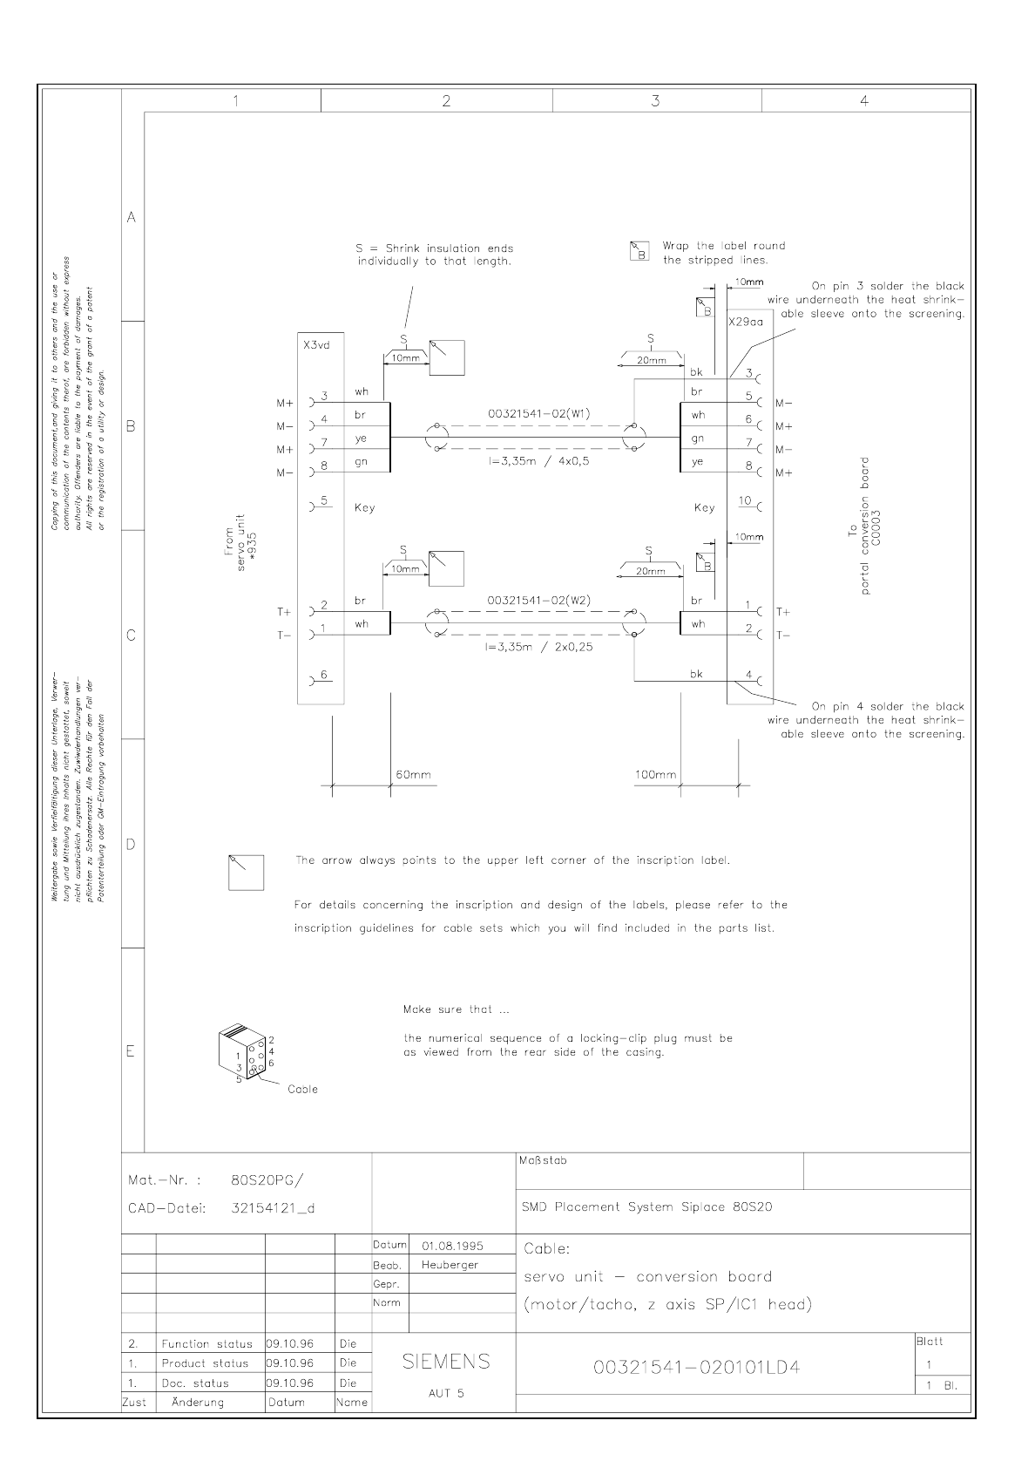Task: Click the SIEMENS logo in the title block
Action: (446, 1361)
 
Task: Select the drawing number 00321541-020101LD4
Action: (696, 1367)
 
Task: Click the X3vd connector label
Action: (316, 345)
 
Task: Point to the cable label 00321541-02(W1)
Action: (538, 414)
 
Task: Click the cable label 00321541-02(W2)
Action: (538, 601)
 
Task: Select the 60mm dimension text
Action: (413, 775)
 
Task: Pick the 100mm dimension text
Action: (655, 775)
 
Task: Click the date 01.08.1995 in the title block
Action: (452, 1246)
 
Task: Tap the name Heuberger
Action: (450, 1264)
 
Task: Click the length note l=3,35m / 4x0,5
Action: (538, 461)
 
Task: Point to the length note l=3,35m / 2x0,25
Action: (540, 647)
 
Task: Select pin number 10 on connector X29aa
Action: (745, 500)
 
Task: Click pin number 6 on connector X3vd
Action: (323, 675)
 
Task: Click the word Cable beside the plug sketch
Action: (302, 1089)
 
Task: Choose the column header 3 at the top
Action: (655, 101)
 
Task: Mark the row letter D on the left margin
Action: (132, 844)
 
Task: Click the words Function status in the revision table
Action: (206, 1343)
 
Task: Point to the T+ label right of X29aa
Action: (782, 612)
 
